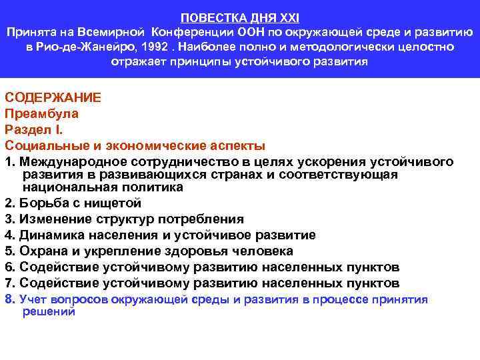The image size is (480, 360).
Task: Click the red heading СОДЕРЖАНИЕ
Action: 53,97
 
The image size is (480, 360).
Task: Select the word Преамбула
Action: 41,113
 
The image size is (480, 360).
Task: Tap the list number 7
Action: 9,283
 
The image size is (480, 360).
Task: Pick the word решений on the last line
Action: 49,311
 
